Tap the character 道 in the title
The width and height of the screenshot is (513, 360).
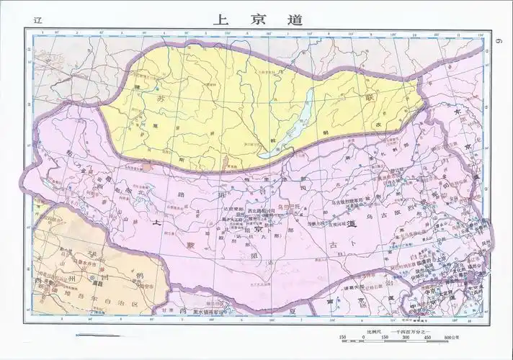point(294,19)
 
